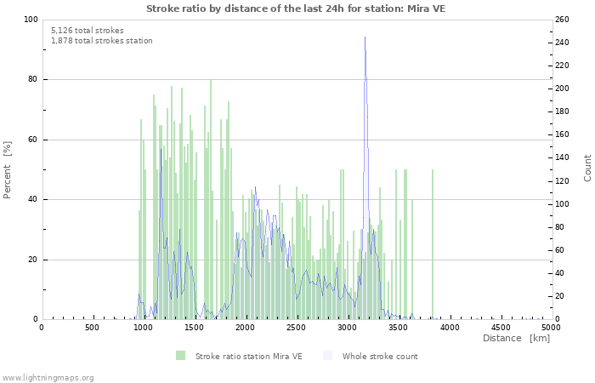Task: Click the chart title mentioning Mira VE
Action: pos(295,9)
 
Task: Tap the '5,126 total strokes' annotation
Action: pos(87,31)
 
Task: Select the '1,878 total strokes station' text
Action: pos(101,41)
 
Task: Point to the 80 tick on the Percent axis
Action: pos(31,80)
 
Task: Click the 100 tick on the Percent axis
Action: pos(30,20)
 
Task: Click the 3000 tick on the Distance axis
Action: pos(347,328)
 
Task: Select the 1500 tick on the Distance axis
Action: pos(194,328)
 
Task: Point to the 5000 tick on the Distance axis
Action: pos(551,328)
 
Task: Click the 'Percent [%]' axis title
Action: pos(8,169)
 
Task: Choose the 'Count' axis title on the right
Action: pos(587,168)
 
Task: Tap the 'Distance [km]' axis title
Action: pos(516,339)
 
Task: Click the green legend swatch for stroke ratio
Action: pos(180,356)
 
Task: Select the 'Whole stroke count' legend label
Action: pos(380,357)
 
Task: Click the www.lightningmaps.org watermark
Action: pos(48,378)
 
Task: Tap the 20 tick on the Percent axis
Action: pos(31,260)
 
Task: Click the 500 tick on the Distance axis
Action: pos(92,328)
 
